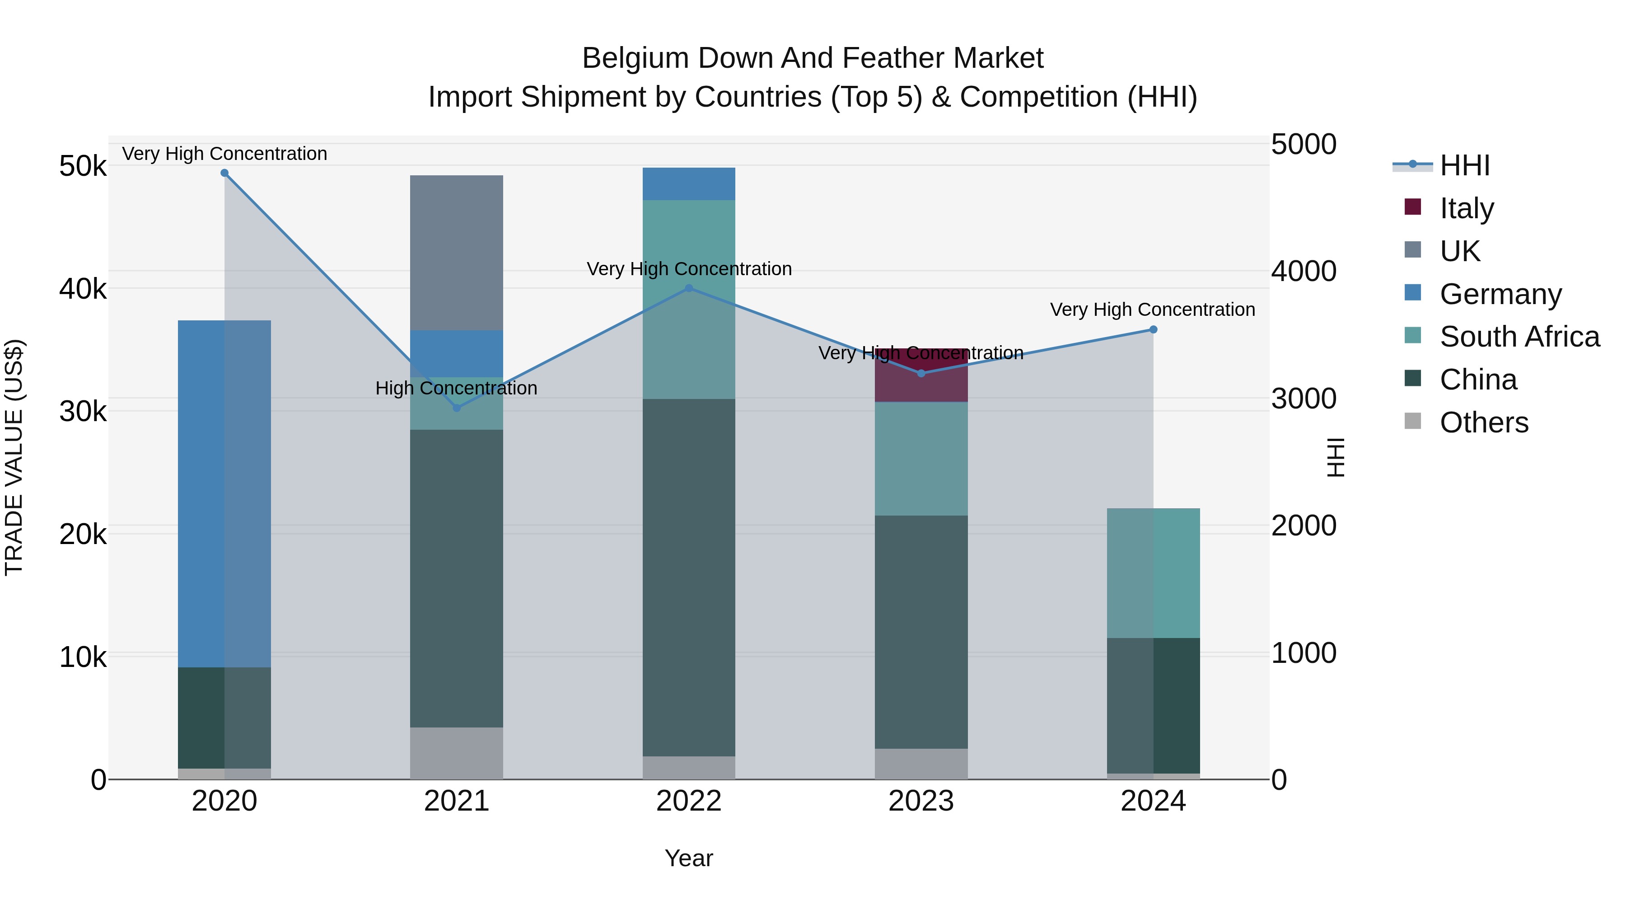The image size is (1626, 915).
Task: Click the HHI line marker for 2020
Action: tap(225, 173)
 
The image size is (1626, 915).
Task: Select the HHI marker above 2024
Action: tap(1153, 330)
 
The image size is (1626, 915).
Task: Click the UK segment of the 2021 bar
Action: tap(456, 253)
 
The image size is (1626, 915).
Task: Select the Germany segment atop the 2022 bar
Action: tap(689, 184)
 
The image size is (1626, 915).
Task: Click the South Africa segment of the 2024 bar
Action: tap(1153, 573)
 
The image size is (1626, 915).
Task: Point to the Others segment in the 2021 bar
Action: tap(456, 753)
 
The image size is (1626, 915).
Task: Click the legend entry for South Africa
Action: tap(1519, 337)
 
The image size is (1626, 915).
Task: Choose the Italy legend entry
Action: tap(1466, 208)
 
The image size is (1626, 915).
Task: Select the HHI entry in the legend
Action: tap(1464, 165)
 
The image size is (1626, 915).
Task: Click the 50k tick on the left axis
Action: tap(83, 167)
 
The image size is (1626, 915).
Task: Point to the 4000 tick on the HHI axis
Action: tap(1304, 272)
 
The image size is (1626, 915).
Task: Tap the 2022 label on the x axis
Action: tap(689, 801)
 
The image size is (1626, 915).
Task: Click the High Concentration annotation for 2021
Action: tap(456, 388)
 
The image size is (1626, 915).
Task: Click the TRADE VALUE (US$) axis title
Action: tap(14, 457)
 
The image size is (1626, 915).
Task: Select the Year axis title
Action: tap(689, 858)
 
